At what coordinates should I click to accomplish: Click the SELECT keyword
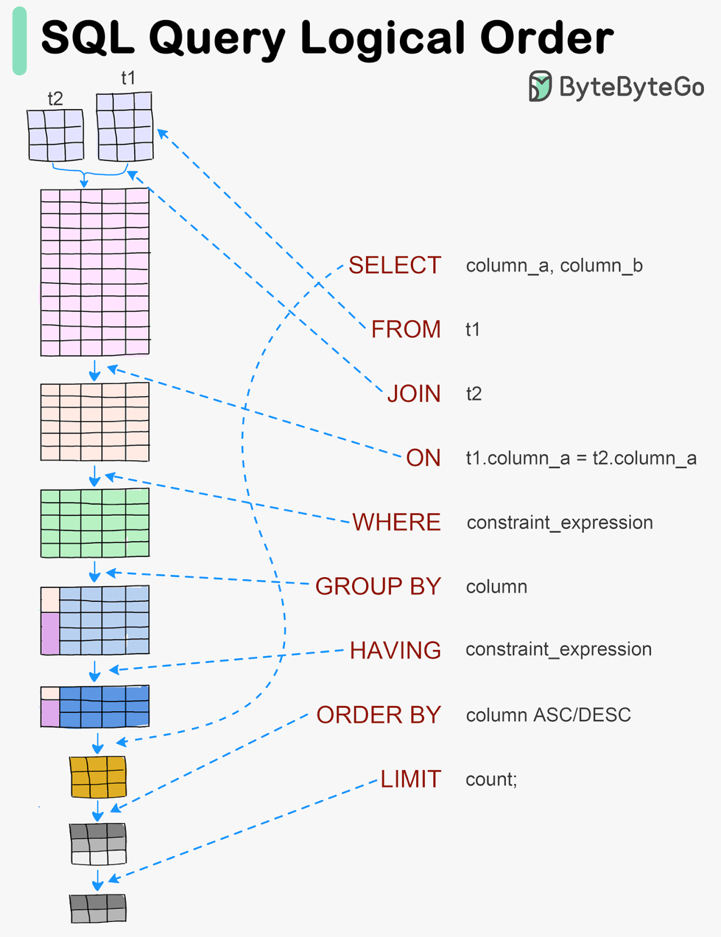pyautogui.click(x=394, y=265)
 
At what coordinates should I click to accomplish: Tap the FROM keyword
pyautogui.click(x=406, y=329)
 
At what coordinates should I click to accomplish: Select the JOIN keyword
pyautogui.click(x=413, y=394)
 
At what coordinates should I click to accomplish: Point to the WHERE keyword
pyautogui.click(x=397, y=522)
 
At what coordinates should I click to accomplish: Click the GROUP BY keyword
pyautogui.click(x=378, y=586)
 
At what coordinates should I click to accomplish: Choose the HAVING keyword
pyautogui.click(x=395, y=650)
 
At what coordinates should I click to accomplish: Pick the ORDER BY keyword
pyautogui.click(x=378, y=715)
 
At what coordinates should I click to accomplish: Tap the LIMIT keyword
pyautogui.click(x=410, y=779)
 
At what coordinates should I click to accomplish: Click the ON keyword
pyautogui.click(x=423, y=458)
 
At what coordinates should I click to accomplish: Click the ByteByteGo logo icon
pyautogui.click(x=540, y=86)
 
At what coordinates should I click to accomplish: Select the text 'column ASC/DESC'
pyautogui.click(x=548, y=715)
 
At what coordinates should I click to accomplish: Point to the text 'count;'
pyautogui.click(x=491, y=779)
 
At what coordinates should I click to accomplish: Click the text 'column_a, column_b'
pyautogui.click(x=554, y=265)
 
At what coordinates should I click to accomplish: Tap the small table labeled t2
pyautogui.click(x=56, y=135)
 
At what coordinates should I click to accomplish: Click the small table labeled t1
pyautogui.click(x=124, y=127)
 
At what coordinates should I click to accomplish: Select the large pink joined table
pyautogui.click(x=95, y=273)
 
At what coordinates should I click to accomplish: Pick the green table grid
pyautogui.click(x=95, y=523)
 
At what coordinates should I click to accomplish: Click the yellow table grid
pyautogui.click(x=98, y=777)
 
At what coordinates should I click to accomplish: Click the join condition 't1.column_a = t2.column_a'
pyautogui.click(x=581, y=458)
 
